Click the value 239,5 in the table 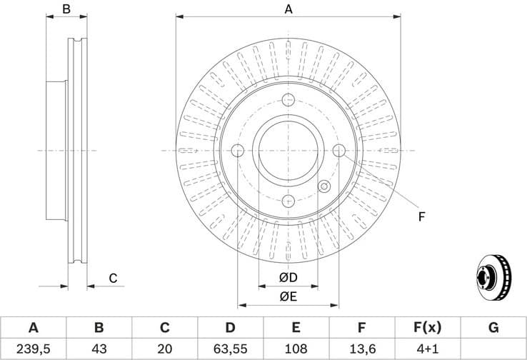point(33,349)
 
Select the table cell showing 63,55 point(230,349)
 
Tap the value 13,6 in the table point(361,349)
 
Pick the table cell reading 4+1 point(427,349)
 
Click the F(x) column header point(427,328)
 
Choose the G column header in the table point(493,328)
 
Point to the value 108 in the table point(296,349)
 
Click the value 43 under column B point(99,349)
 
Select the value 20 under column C point(164,349)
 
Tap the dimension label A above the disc point(288,9)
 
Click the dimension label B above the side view point(66,9)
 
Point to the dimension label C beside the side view point(112,279)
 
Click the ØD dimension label point(288,277)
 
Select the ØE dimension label point(288,296)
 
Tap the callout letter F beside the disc point(421,216)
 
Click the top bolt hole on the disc point(288,100)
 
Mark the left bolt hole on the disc point(238,150)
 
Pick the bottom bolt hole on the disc point(288,201)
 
